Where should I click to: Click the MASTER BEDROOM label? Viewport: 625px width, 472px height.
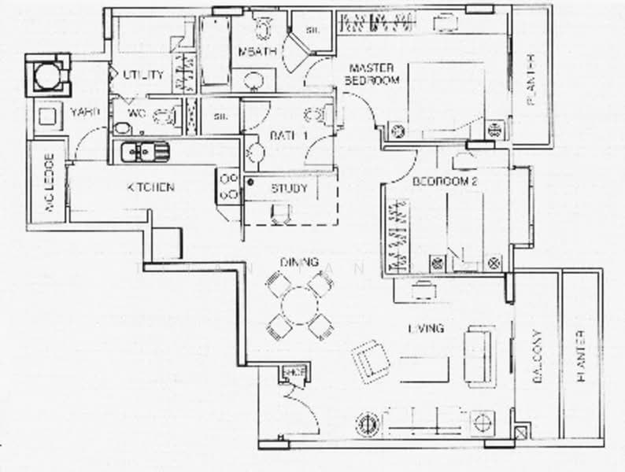373,74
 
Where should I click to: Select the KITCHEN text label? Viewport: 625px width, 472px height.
150,187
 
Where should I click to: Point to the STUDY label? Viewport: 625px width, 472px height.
289,189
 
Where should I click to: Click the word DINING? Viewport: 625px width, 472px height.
298,262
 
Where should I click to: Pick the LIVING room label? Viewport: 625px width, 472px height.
426,328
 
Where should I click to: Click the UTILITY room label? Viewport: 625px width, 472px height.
143,76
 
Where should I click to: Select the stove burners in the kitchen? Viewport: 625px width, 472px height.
229,186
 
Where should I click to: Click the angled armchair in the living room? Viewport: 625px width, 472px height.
370,360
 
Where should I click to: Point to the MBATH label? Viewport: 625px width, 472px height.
256,52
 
